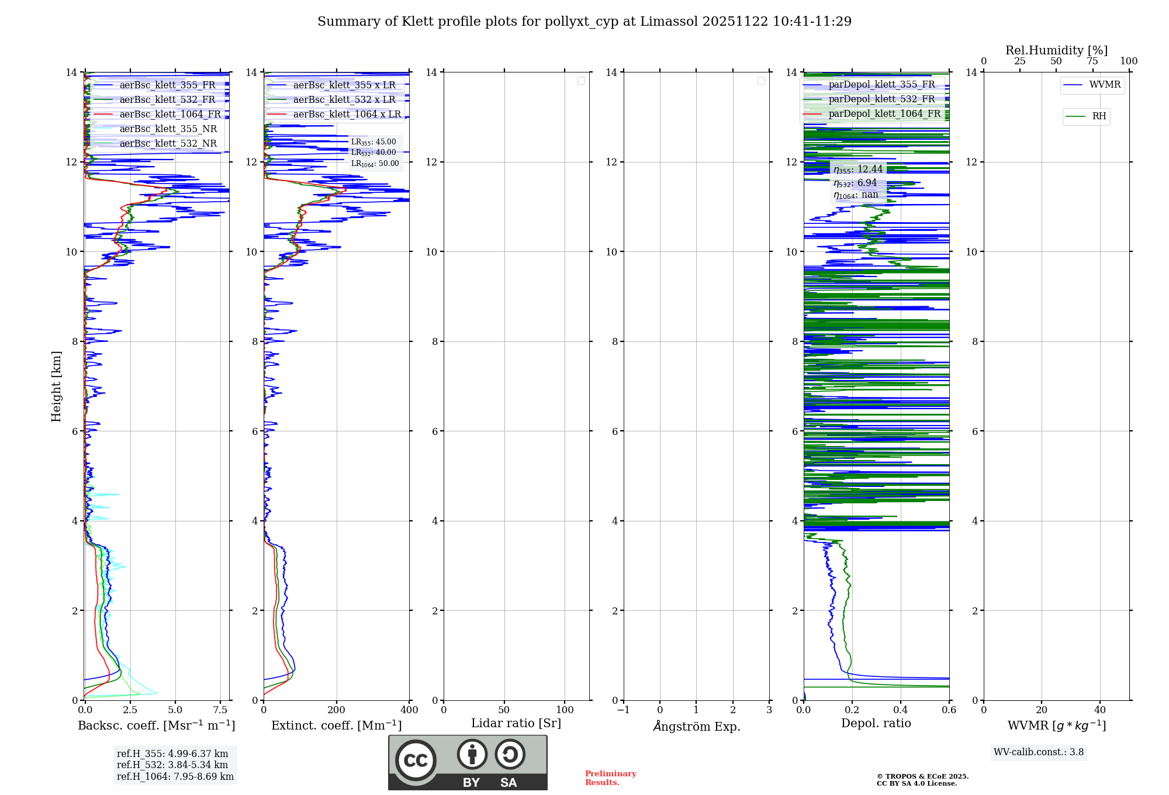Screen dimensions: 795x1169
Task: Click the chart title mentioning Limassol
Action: pos(584,22)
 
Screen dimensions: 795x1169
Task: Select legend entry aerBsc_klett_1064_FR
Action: pos(170,115)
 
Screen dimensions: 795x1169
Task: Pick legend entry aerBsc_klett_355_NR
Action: pos(168,129)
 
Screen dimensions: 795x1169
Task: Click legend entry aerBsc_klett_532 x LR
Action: pos(344,100)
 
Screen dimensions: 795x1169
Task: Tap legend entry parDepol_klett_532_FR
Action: pos(881,99)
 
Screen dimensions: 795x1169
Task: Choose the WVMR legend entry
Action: pos(1105,85)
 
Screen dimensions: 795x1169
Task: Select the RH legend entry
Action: pos(1099,116)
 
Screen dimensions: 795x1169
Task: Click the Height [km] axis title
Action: pos(56,386)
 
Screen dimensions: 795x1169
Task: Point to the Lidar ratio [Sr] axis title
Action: pos(516,724)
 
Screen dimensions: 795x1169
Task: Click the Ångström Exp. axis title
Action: pos(696,727)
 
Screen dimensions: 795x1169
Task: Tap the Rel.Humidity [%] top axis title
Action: pos(1056,50)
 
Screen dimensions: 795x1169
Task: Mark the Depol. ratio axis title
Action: pos(876,724)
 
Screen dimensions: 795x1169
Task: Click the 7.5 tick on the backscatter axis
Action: pos(220,710)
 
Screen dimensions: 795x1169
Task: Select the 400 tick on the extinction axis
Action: pos(409,710)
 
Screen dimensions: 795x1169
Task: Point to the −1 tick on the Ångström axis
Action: pos(624,710)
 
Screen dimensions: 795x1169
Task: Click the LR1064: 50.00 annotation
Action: pos(375,164)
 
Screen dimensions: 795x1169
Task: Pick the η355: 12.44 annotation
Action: pos(858,170)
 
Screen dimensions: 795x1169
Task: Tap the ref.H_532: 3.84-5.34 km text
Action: pos(172,765)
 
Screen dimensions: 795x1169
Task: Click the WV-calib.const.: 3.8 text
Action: pos(1039,752)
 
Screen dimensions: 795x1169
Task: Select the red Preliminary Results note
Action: pos(610,778)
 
